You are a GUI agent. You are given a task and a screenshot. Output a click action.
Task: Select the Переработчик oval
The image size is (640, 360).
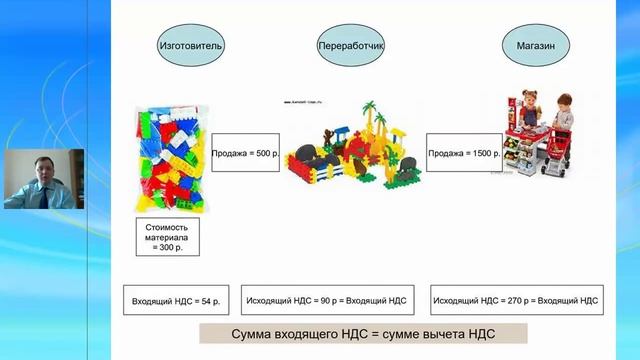[x=350, y=46]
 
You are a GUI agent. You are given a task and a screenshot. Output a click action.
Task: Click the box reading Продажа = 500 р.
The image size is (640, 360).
[x=246, y=154]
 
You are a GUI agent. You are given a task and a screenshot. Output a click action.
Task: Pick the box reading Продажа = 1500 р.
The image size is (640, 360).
[x=463, y=154]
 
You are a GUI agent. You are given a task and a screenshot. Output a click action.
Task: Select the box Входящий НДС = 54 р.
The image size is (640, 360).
[x=176, y=299]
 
